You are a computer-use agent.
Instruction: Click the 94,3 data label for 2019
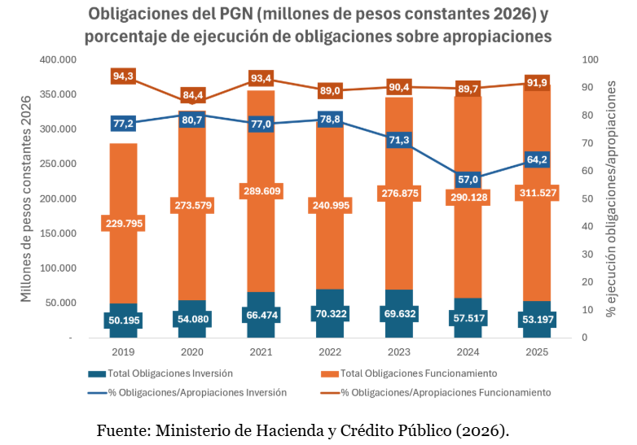[123, 76]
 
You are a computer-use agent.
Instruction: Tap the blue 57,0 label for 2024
[468, 179]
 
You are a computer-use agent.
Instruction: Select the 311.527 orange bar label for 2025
[538, 192]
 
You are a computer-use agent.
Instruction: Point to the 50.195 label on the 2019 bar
[124, 321]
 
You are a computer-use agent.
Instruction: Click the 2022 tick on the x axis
[330, 352]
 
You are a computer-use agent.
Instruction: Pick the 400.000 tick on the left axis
[58, 59]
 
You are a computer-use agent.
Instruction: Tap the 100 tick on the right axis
[591, 59]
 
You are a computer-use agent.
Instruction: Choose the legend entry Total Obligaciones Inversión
[160, 373]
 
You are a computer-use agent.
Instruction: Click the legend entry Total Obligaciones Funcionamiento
[409, 373]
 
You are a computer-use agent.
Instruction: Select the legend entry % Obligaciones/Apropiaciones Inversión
[187, 393]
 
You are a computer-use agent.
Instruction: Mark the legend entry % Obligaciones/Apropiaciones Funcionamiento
[436, 393]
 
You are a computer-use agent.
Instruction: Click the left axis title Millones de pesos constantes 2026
[26, 199]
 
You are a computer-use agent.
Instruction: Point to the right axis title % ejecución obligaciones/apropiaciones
[611, 199]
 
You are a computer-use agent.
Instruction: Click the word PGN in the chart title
[237, 14]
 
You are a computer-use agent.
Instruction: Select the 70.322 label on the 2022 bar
[331, 313]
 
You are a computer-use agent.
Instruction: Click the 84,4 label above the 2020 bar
[192, 95]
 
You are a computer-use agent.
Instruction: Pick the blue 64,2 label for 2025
[537, 159]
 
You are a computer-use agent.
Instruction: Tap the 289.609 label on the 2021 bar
[262, 190]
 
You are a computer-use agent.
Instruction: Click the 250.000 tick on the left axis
[58, 164]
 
